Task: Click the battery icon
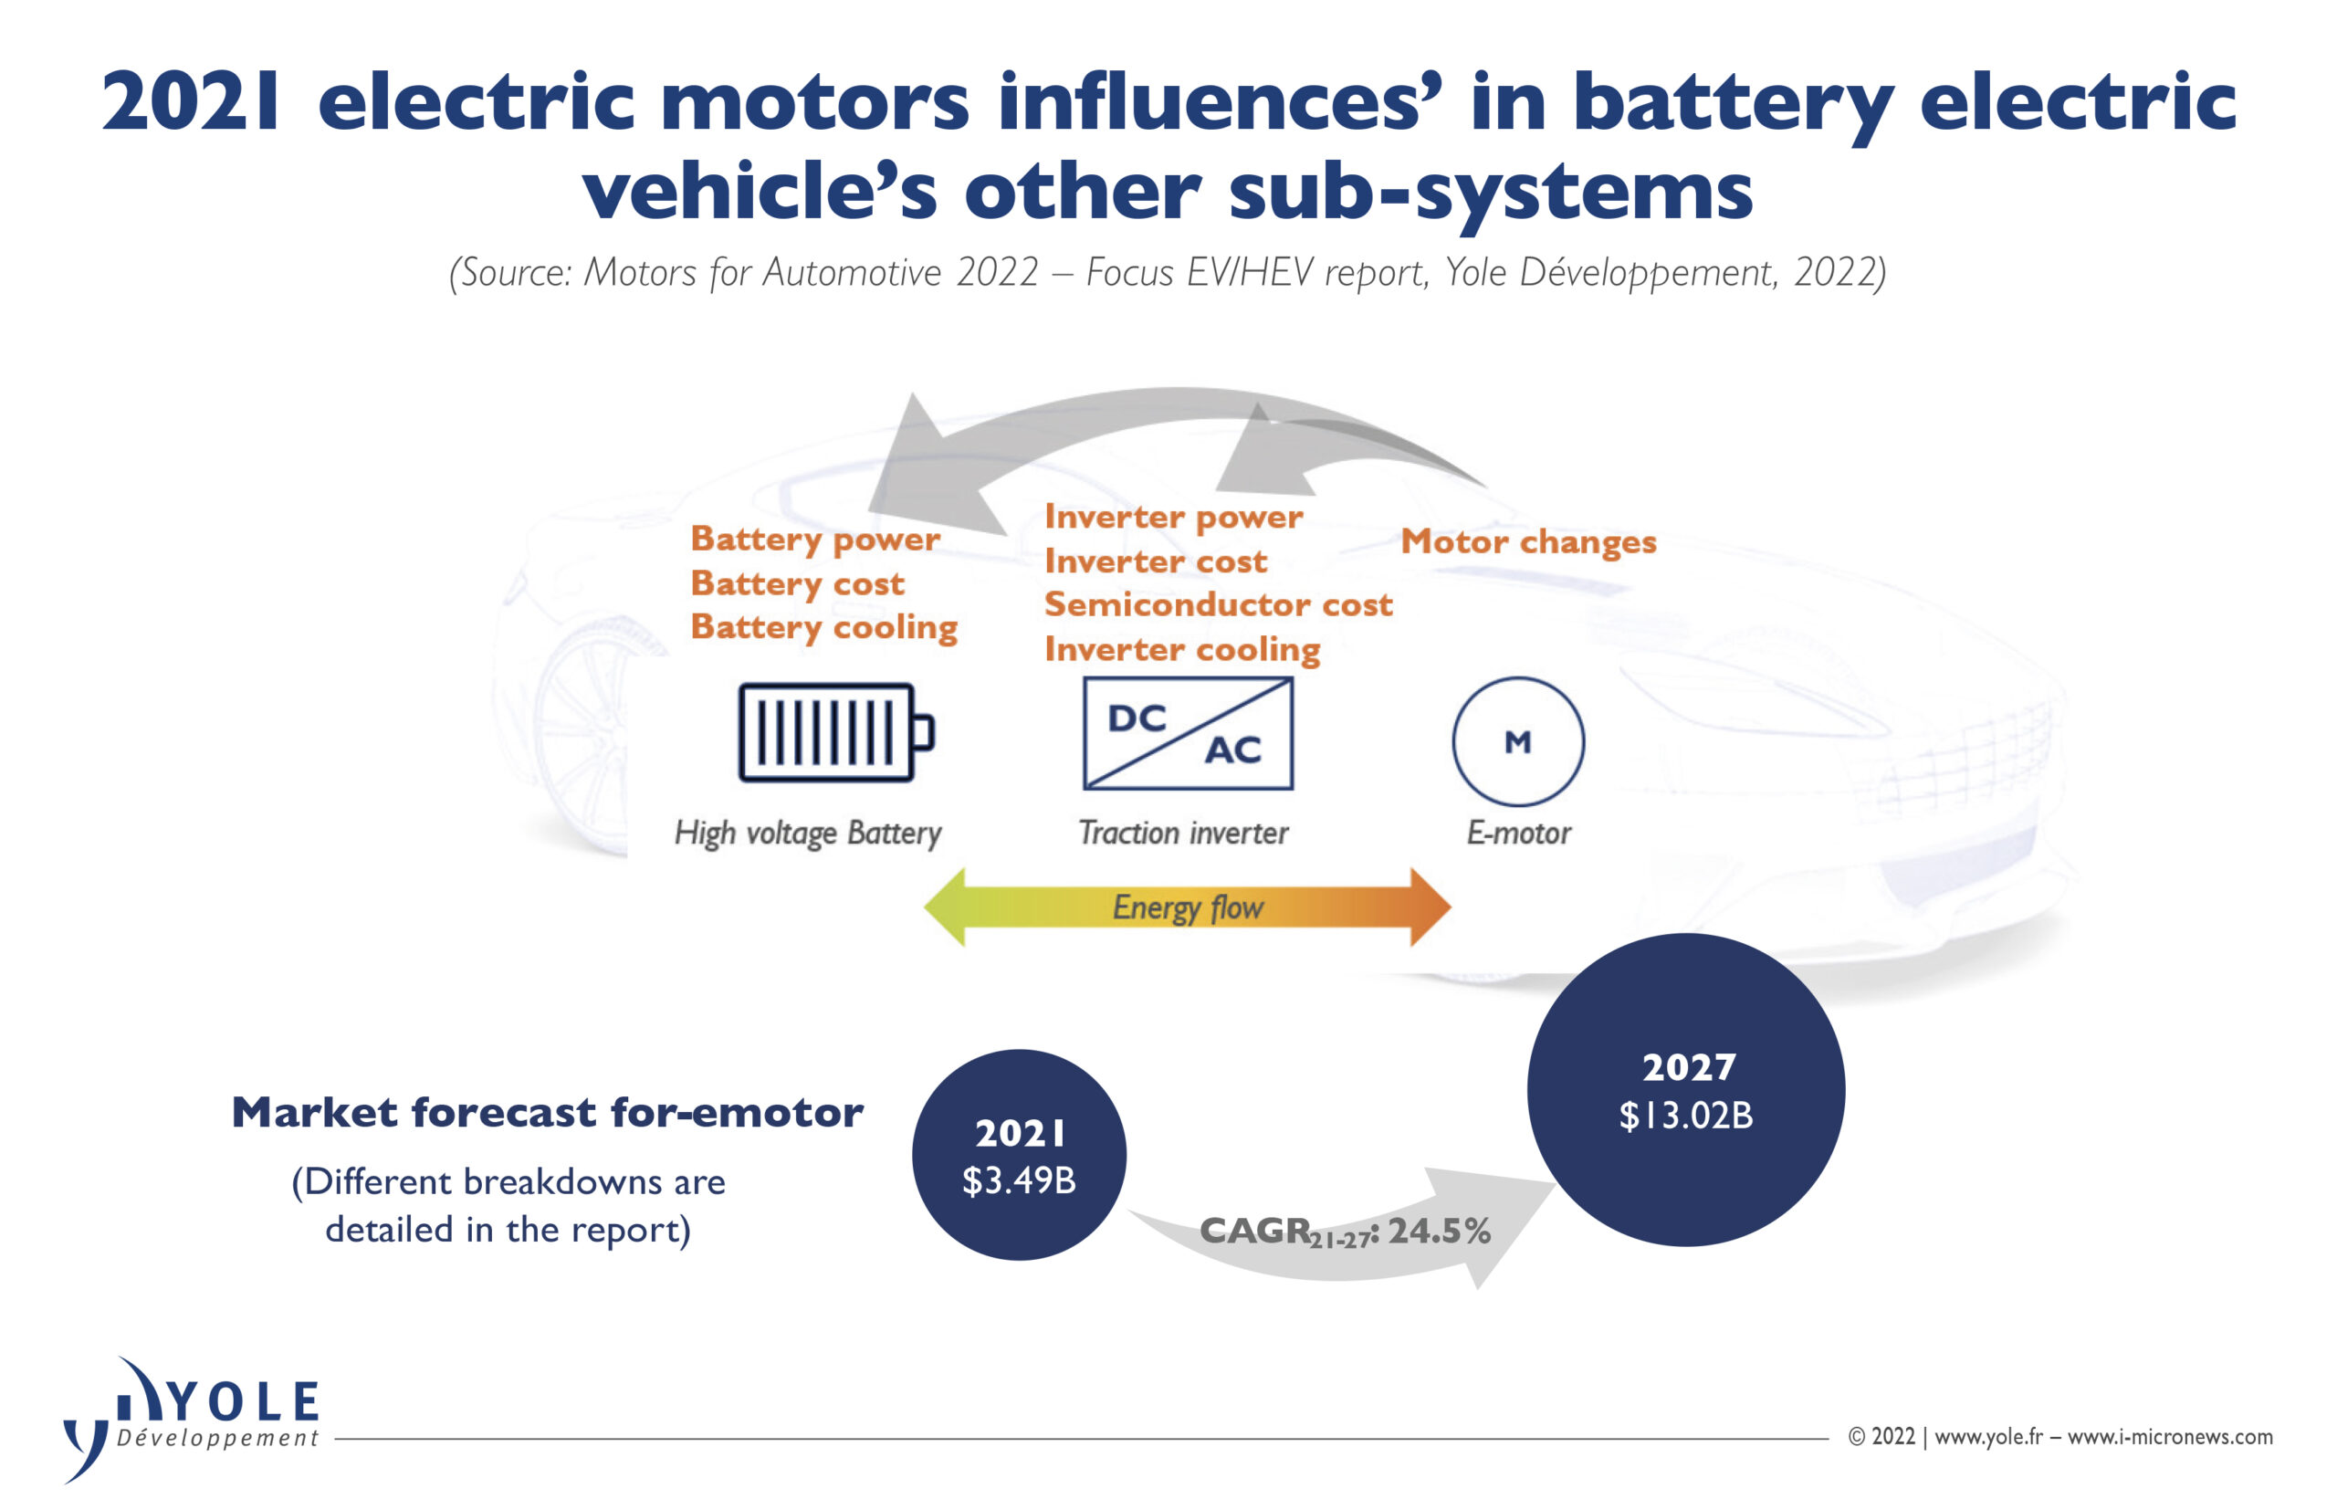[835, 732]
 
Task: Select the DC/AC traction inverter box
[1187, 733]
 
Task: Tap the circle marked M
[1517, 741]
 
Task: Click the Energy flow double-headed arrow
[1187, 907]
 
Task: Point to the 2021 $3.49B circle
[1019, 1155]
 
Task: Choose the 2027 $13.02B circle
[1685, 1090]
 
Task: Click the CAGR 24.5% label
[1345, 1232]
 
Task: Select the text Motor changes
[1528, 542]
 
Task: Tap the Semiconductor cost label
[1219, 605]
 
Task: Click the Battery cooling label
[823, 627]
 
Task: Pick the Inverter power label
[1173, 518]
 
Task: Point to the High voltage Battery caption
[808, 834]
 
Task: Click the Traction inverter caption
[1183, 834]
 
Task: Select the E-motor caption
[1518, 834]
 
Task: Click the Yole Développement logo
[191, 1420]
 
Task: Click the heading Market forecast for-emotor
[547, 1113]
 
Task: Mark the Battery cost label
[797, 584]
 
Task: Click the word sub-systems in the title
[1490, 190]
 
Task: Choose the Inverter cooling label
[1182, 650]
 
